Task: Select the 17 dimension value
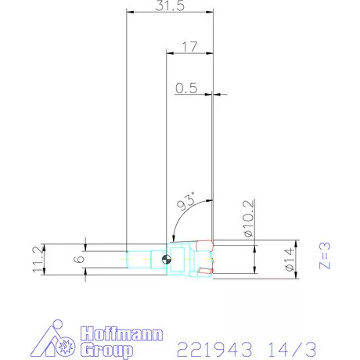pos(188,47)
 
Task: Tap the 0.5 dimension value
pos(185,88)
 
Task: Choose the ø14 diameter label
pos(289,258)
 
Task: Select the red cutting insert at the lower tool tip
pos(205,271)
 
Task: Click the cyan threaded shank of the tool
pos(145,258)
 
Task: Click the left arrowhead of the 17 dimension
pos(170,53)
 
